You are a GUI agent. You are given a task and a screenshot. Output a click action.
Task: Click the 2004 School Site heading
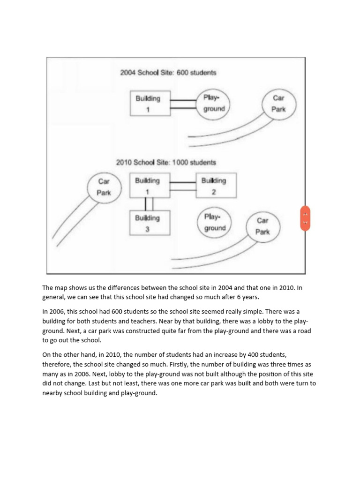pos(168,73)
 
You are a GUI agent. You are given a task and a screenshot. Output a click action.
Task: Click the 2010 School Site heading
pos(166,162)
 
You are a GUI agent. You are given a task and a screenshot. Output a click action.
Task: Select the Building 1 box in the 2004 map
pos(148,104)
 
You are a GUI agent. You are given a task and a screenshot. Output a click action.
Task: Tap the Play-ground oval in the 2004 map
pos(214,104)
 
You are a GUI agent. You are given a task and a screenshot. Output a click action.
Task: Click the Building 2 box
pos(216,186)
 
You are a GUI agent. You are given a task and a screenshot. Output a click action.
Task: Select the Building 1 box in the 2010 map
pos(148,186)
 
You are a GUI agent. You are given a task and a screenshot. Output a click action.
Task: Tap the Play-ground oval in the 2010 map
pos(214,223)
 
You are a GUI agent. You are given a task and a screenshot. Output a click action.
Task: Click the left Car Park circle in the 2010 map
pos(104,186)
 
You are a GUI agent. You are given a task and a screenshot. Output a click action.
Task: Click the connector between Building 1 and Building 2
pos(182,186)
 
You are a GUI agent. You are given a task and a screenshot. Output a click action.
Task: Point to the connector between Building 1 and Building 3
pos(148,204)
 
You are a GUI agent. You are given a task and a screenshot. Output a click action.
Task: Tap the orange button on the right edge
pos(305,218)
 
